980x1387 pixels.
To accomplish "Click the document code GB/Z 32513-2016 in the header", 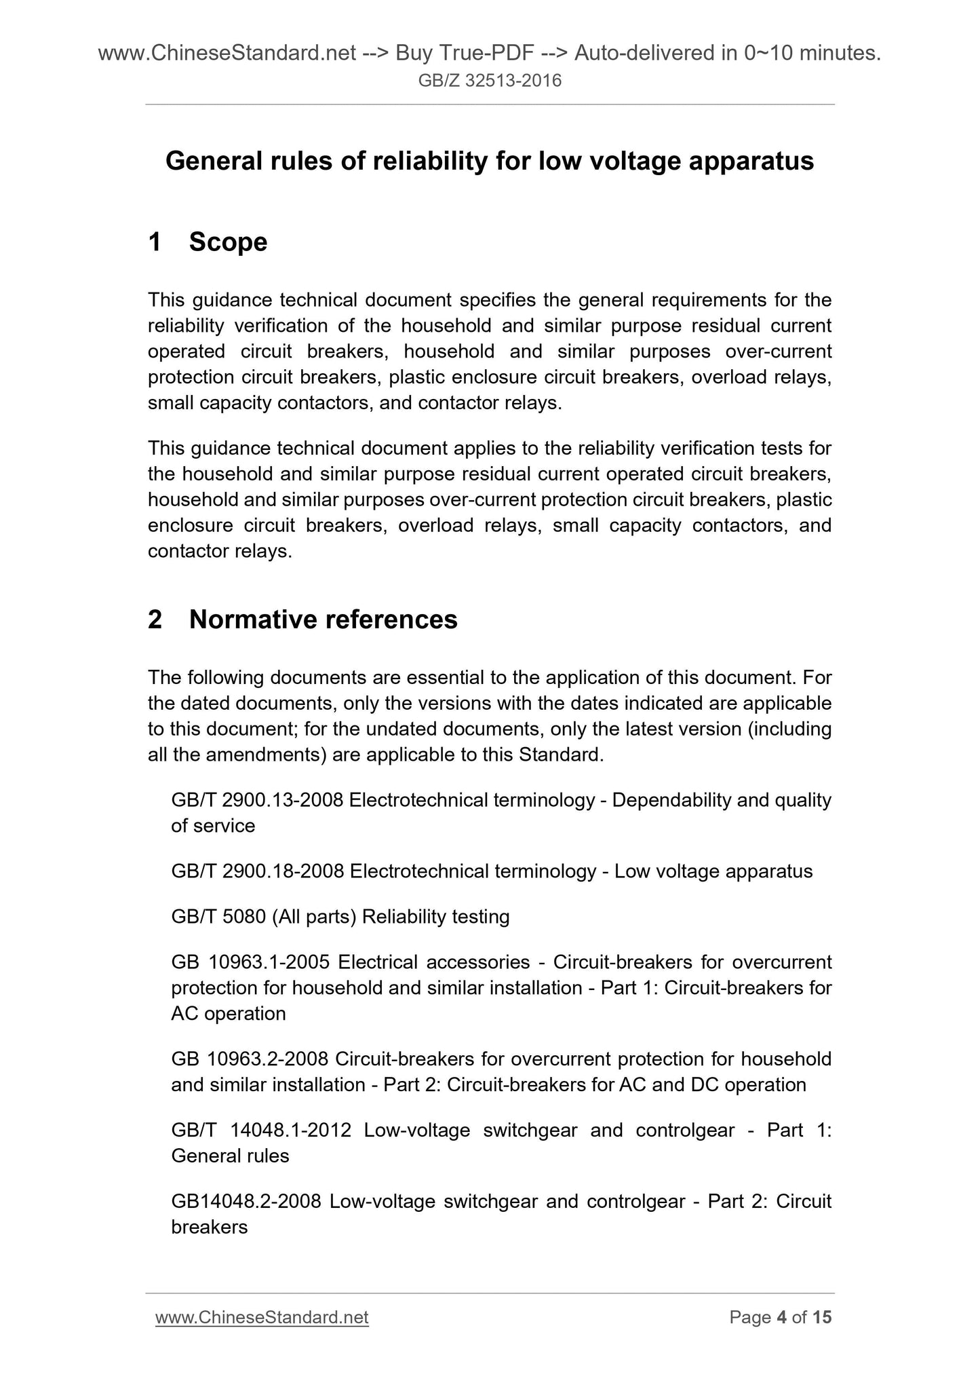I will tap(490, 81).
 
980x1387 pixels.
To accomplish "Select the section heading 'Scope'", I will tap(228, 242).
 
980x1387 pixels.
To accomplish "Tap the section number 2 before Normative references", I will tap(155, 619).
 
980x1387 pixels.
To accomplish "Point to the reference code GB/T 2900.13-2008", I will tap(258, 800).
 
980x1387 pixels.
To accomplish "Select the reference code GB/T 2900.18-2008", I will tap(258, 871).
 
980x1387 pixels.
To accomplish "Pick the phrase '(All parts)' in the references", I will tap(314, 917).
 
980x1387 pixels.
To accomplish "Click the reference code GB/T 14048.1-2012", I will tap(261, 1130).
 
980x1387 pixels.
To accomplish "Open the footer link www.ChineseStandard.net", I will tap(262, 1317).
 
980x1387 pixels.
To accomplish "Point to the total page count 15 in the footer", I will tap(822, 1317).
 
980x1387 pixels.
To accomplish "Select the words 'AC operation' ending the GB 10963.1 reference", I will tap(229, 1014).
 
